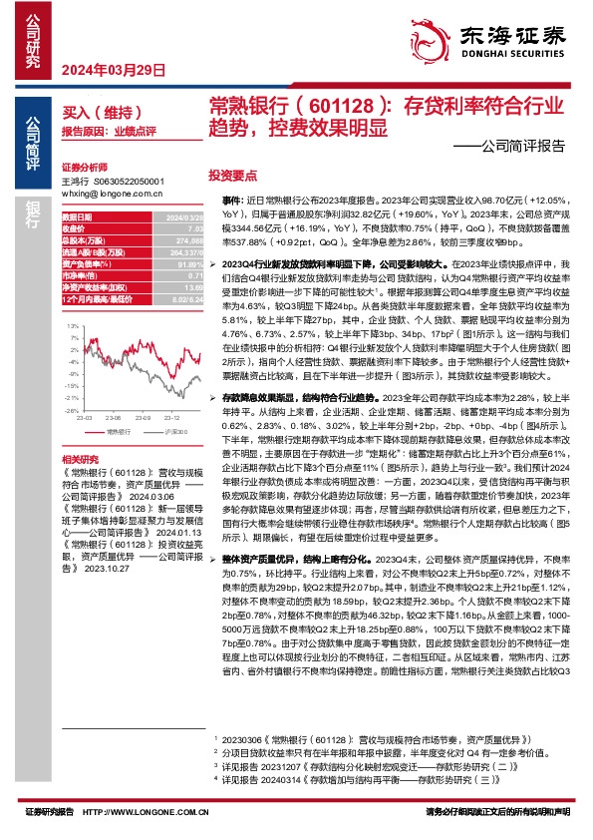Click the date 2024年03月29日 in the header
click(x=105, y=69)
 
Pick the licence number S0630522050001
click(x=128, y=181)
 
